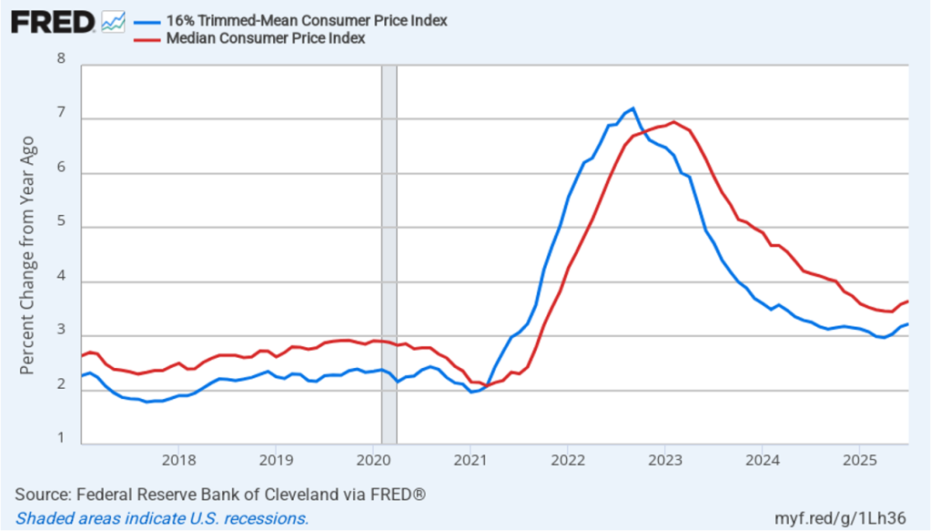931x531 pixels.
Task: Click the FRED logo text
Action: pyautogui.click(x=53, y=21)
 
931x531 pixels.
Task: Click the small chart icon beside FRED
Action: pyautogui.click(x=114, y=21)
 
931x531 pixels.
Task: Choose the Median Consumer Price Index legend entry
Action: pyautogui.click(x=265, y=38)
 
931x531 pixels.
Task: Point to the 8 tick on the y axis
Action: pyautogui.click(x=61, y=59)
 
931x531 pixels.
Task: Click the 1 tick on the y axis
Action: pyautogui.click(x=61, y=439)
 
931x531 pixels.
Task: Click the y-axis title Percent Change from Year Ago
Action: pyautogui.click(x=28, y=255)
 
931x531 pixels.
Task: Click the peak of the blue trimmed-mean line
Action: pyautogui.click(x=632, y=108)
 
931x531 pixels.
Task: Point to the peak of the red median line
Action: pyautogui.click(x=673, y=122)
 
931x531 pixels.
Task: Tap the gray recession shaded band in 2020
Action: pyautogui.click(x=389, y=255)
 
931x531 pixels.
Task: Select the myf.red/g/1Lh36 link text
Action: pyautogui.click(x=850, y=518)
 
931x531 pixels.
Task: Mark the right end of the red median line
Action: pyautogui.click(x=907, y=301)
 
